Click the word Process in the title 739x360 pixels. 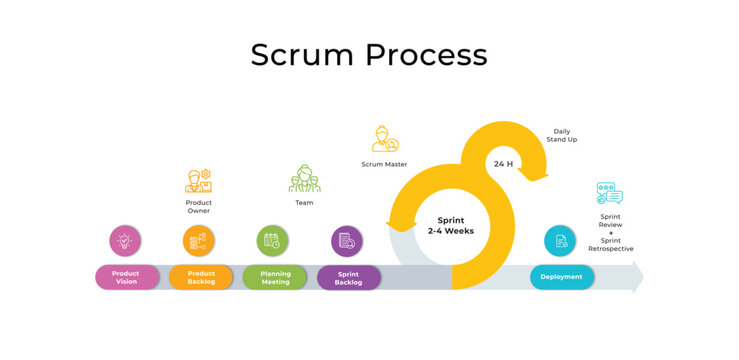pos(427,54)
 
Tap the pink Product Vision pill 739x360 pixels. pos(126,277)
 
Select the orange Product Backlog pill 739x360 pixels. pos(200,277)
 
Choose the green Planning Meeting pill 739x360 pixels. pos(274,277)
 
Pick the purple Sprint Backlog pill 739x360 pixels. pos(348,277)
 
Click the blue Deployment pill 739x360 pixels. pos(561,277)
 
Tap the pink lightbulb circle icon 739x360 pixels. pos(125,240)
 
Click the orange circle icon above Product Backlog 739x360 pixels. pos(199,240)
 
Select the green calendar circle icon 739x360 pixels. pos(272,240)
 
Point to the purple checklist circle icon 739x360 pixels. pos(347,240)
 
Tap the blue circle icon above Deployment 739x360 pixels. pos(560,240)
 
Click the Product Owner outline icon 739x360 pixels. pos(198,181)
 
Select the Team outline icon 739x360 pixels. pos(304,178)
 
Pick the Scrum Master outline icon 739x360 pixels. pos(385,139)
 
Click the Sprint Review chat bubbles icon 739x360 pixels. pos(609,193)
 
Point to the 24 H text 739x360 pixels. pos(503,164)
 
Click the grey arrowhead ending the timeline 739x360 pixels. pos(636,277)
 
